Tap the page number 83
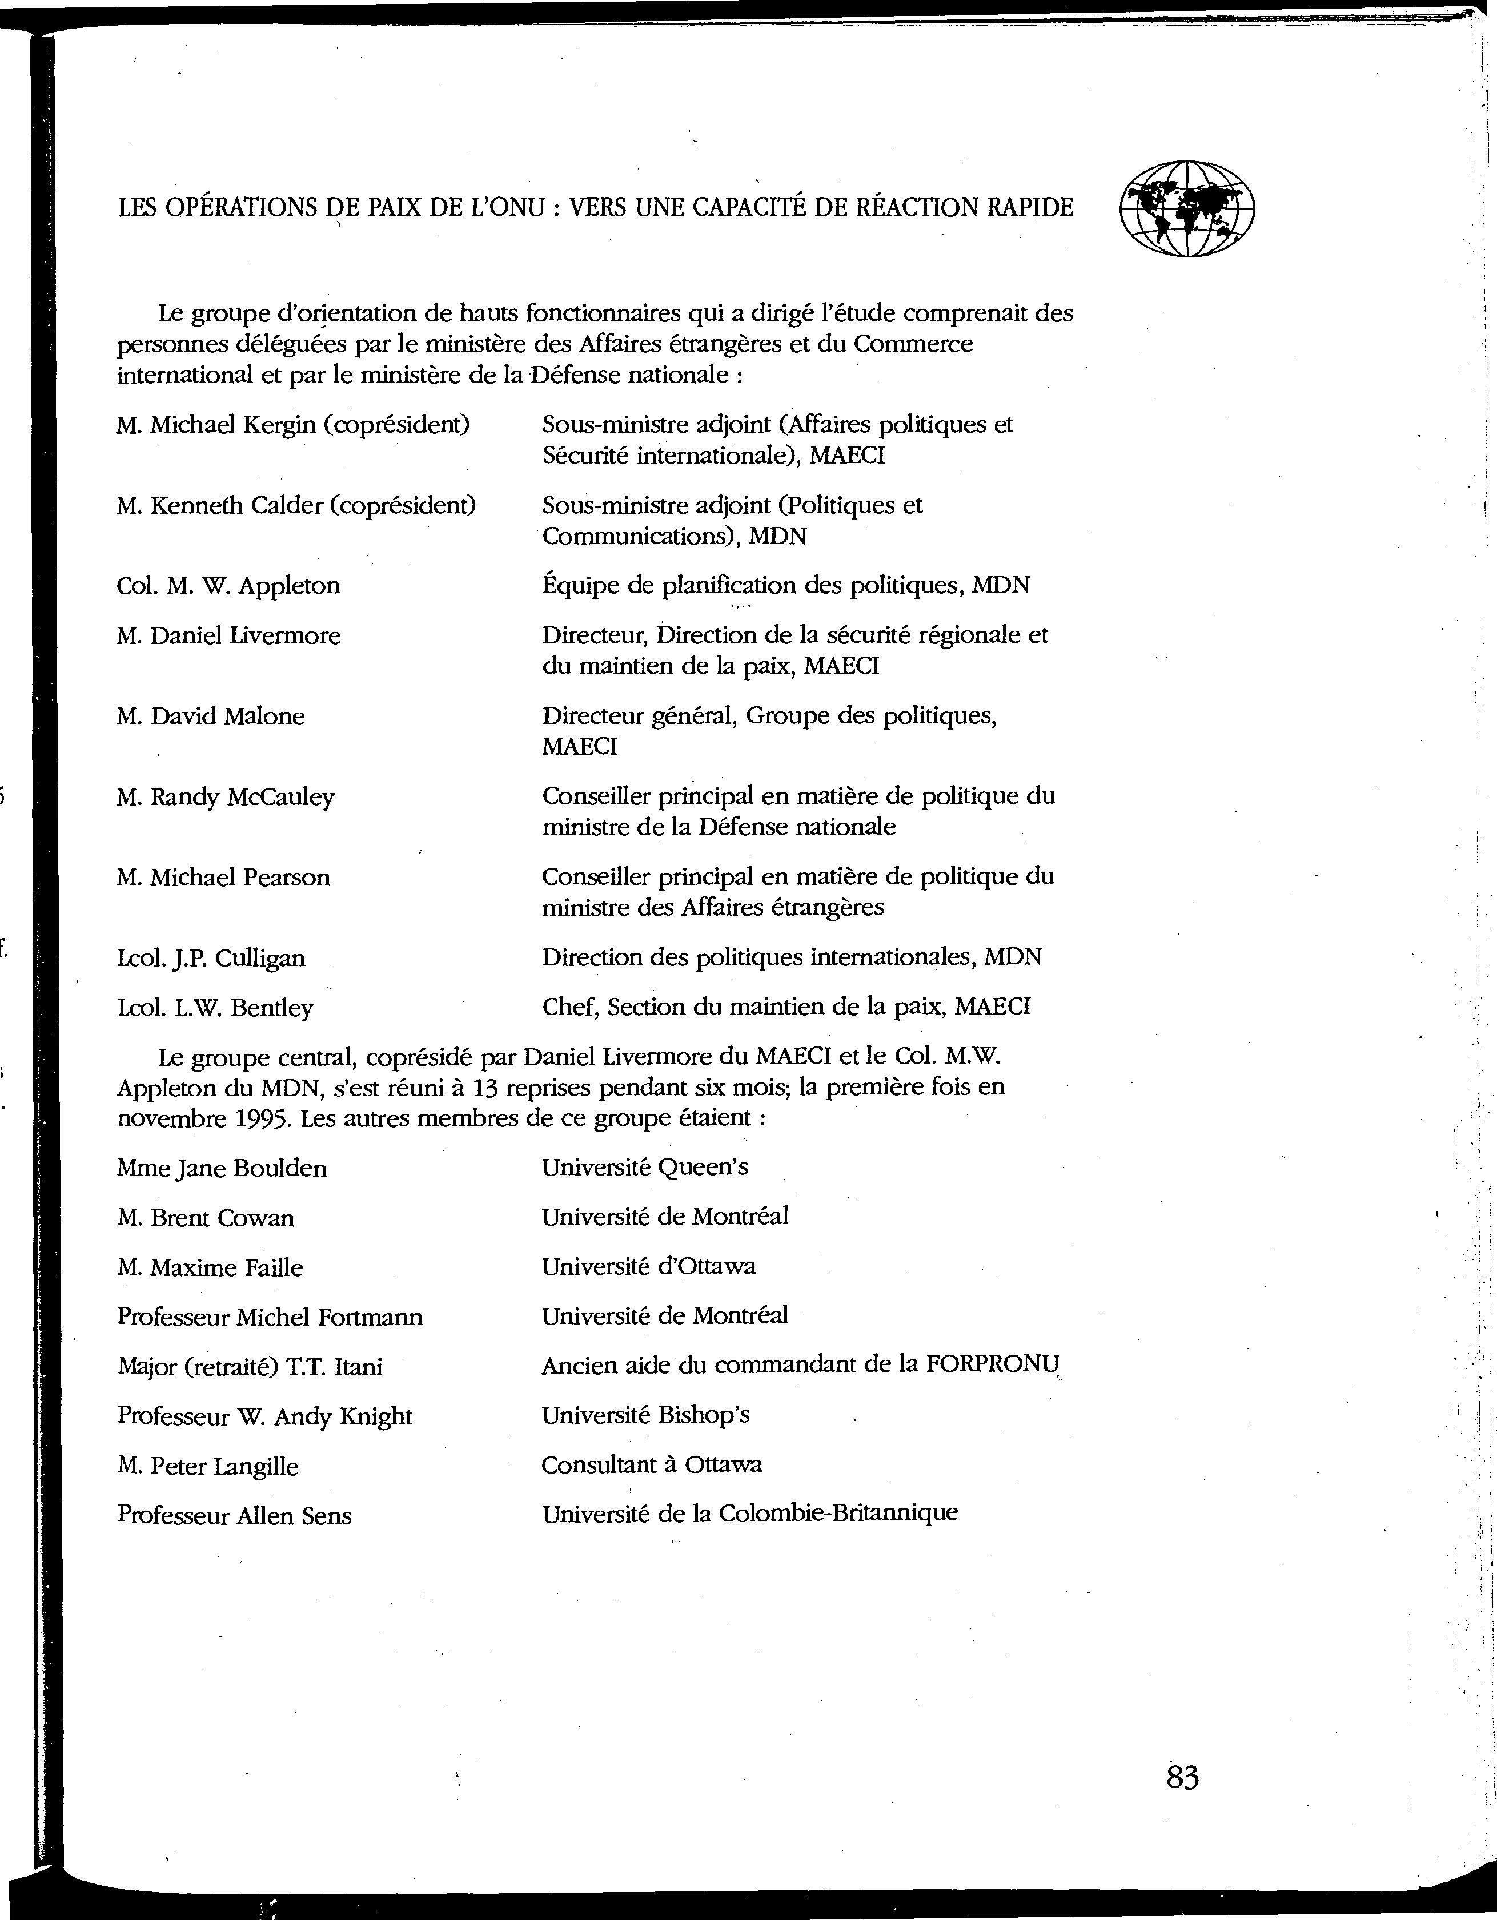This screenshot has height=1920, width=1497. [x=1182, y=1778]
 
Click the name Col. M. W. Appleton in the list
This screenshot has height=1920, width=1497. [x=228, y=586]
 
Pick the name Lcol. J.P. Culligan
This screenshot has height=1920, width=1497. [x=211, y=957]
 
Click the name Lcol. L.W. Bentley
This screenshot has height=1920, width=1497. [x=215, y=1008]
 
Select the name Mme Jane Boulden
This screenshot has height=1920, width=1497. [x=222, y=1168]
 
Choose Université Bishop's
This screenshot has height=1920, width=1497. [x=645, y=1415]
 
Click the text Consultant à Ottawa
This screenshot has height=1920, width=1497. [x=651, y=1464]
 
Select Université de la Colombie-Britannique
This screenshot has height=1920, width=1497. [x=749, y=1514]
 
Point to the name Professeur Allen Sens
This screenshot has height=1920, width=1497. [x=234, y=1516]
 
